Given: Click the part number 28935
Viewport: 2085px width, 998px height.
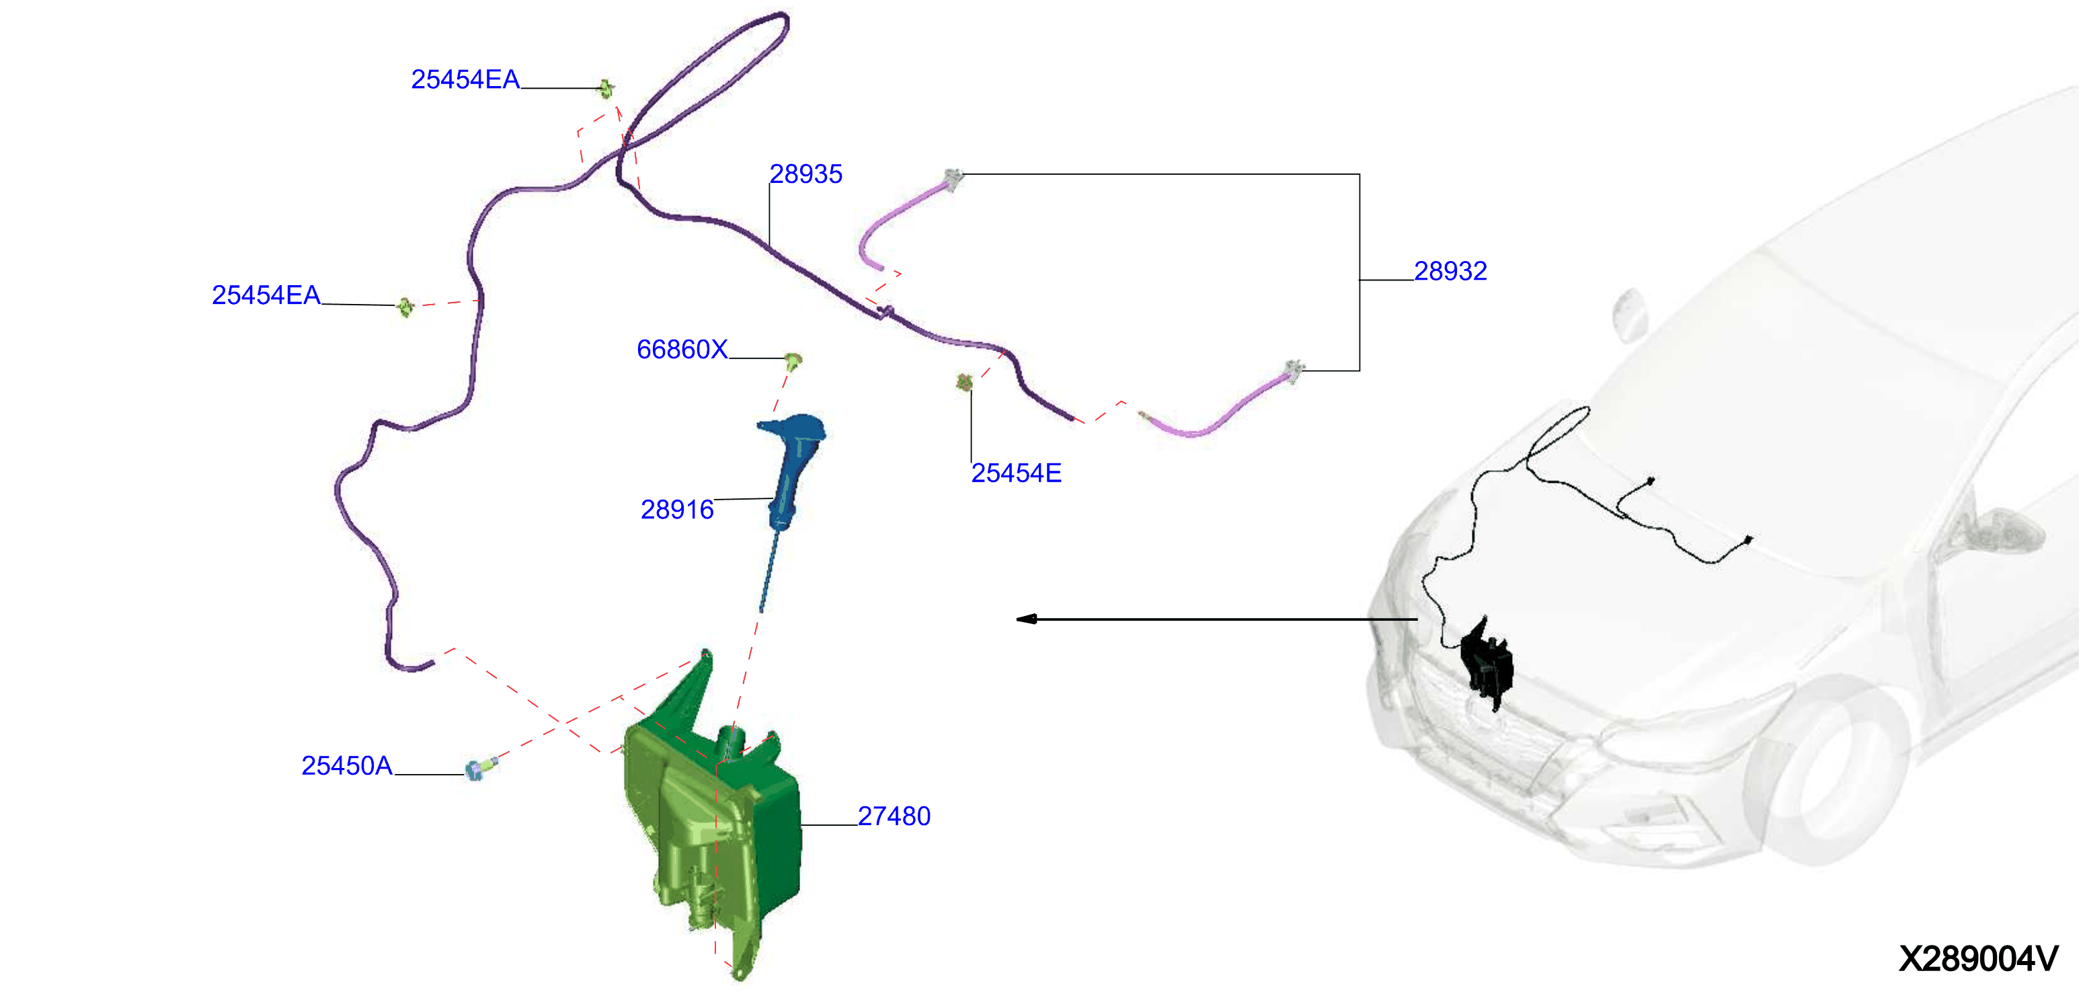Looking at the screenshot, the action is pos(805,174).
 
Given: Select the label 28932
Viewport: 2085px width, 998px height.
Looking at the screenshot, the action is pos(1450,271).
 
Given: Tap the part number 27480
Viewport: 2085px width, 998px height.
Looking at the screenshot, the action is pos(894,816).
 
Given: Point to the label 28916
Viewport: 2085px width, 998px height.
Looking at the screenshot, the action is pos(678,510).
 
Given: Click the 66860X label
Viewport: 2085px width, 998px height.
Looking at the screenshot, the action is pos(682,350).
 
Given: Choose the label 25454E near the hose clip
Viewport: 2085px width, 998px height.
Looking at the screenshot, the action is pos(1017,473).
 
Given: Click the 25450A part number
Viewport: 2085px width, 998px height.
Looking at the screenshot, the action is pos(347,766).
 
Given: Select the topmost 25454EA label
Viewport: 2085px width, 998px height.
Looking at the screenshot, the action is pos(465,79).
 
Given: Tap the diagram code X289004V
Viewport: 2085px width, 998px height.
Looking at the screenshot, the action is pos(1979,959).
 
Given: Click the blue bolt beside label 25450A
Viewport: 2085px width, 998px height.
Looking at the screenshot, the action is pos(480,768).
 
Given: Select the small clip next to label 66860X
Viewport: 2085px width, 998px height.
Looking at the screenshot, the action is pos(794,361).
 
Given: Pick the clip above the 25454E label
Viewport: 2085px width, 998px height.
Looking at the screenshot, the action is pos(964,381).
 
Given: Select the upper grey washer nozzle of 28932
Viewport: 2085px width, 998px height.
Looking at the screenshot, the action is pos(953,179).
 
